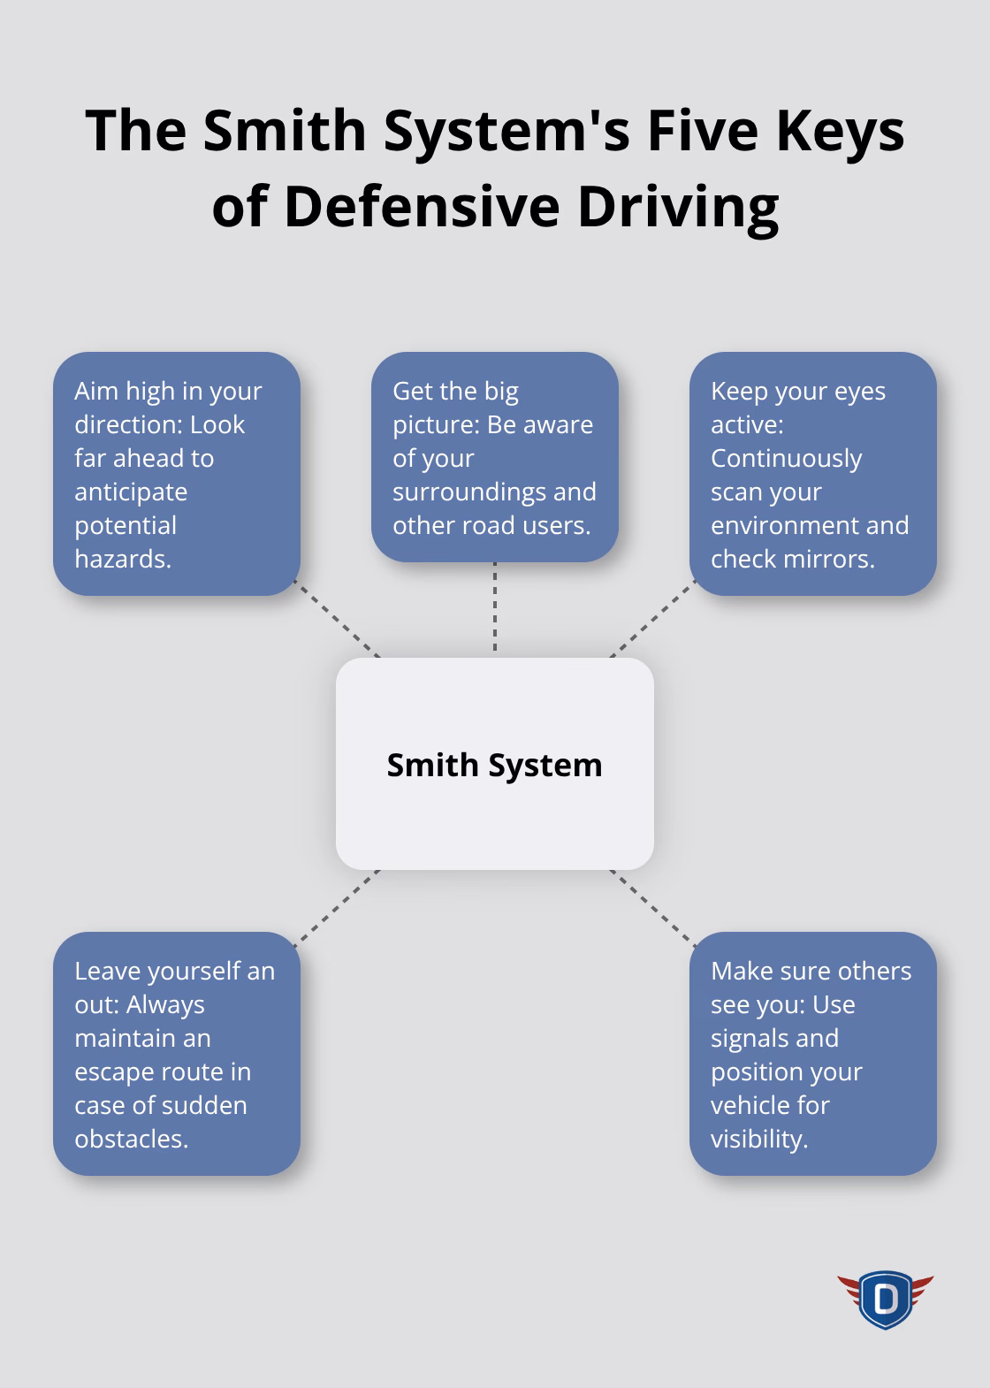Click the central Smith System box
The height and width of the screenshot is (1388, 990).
[x=494, y=764]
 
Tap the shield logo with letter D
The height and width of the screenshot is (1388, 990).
[x=885, y=1299]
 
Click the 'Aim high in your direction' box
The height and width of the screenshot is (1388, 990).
[x=177, y=474]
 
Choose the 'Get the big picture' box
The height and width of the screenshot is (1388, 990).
[x=494, y=457]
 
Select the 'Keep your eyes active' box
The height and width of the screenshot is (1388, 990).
[x=812, y=474]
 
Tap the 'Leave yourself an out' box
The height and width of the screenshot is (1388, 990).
[x=177, y=1054]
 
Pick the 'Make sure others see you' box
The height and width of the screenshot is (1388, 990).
[x=812, y=1054]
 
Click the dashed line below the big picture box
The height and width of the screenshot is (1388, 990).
[x=494, y=608]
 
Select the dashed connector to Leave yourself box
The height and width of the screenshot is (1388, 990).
[x=338, y=906]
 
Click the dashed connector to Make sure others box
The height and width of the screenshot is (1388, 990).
[x=651, y=906]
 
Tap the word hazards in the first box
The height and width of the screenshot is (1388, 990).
[x=122, y=559]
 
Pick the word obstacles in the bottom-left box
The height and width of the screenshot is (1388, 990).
[x=131, y=1139]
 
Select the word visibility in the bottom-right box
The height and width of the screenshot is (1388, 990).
[x=759, y=1139]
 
